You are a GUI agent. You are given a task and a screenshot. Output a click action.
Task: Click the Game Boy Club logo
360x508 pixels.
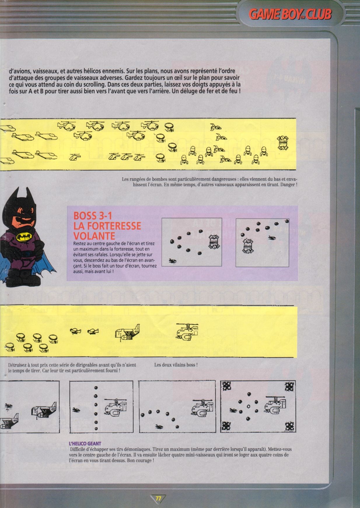pos(290,14)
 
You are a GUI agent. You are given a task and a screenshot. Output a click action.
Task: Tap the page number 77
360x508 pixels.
pos(158,498)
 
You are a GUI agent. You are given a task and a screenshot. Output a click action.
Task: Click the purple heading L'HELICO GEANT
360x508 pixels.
pos(85,444)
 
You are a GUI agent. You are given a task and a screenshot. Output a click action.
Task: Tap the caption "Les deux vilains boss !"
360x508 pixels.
pos(176,365)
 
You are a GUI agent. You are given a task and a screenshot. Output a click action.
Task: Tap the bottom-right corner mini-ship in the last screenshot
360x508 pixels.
pos(289,426)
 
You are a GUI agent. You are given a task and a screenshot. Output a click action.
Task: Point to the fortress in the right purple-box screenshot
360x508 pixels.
pos(248,246)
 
